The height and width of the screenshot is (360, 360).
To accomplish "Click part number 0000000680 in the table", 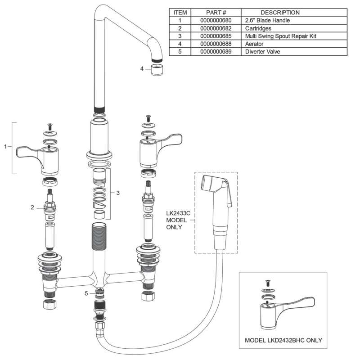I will click(216, 20).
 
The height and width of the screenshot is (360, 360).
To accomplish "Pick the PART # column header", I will click(216, 13).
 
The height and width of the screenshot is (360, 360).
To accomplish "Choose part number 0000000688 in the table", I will click(216, 44).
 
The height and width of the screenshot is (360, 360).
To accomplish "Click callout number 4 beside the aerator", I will click(142, 69).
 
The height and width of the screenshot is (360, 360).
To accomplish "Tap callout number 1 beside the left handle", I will click(5, 146).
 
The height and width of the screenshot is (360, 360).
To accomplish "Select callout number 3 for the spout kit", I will click(118, 193).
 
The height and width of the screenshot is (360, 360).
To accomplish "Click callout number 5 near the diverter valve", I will click(86, 293).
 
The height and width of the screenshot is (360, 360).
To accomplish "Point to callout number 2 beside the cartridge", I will click(32, 207).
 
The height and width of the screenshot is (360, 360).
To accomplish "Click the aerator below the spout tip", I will click(156, 70).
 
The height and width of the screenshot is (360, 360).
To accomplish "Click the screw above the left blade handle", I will click(49, 127).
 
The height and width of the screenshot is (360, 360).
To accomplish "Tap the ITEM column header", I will click(180, 13).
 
